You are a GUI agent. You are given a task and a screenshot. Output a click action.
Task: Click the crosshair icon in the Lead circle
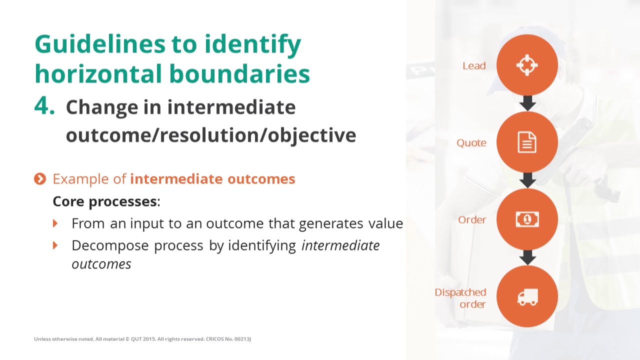[527, 65]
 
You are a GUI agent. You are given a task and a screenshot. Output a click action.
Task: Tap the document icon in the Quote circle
[527, 142]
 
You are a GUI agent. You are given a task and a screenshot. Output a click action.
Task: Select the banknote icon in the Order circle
[527, 219]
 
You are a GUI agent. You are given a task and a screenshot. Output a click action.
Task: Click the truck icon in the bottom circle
[527, 297]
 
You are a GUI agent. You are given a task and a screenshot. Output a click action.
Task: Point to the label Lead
[474, 66]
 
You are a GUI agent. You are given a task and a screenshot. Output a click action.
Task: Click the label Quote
[471, 143]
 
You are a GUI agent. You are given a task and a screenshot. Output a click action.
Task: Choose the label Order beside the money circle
[472, 220]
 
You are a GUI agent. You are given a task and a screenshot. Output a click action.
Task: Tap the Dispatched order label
[460, 298]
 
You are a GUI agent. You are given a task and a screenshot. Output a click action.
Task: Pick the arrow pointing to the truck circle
[527, 258]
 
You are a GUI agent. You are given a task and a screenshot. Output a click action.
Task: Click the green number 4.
[44, 106]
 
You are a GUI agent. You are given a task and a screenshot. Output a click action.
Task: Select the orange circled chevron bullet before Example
[40, 179]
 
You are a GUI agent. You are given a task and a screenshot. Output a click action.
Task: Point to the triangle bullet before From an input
[55, 223]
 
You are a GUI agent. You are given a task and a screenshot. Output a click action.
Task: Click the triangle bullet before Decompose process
[55, 245]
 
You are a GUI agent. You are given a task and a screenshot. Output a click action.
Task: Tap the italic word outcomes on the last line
[101, 264]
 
